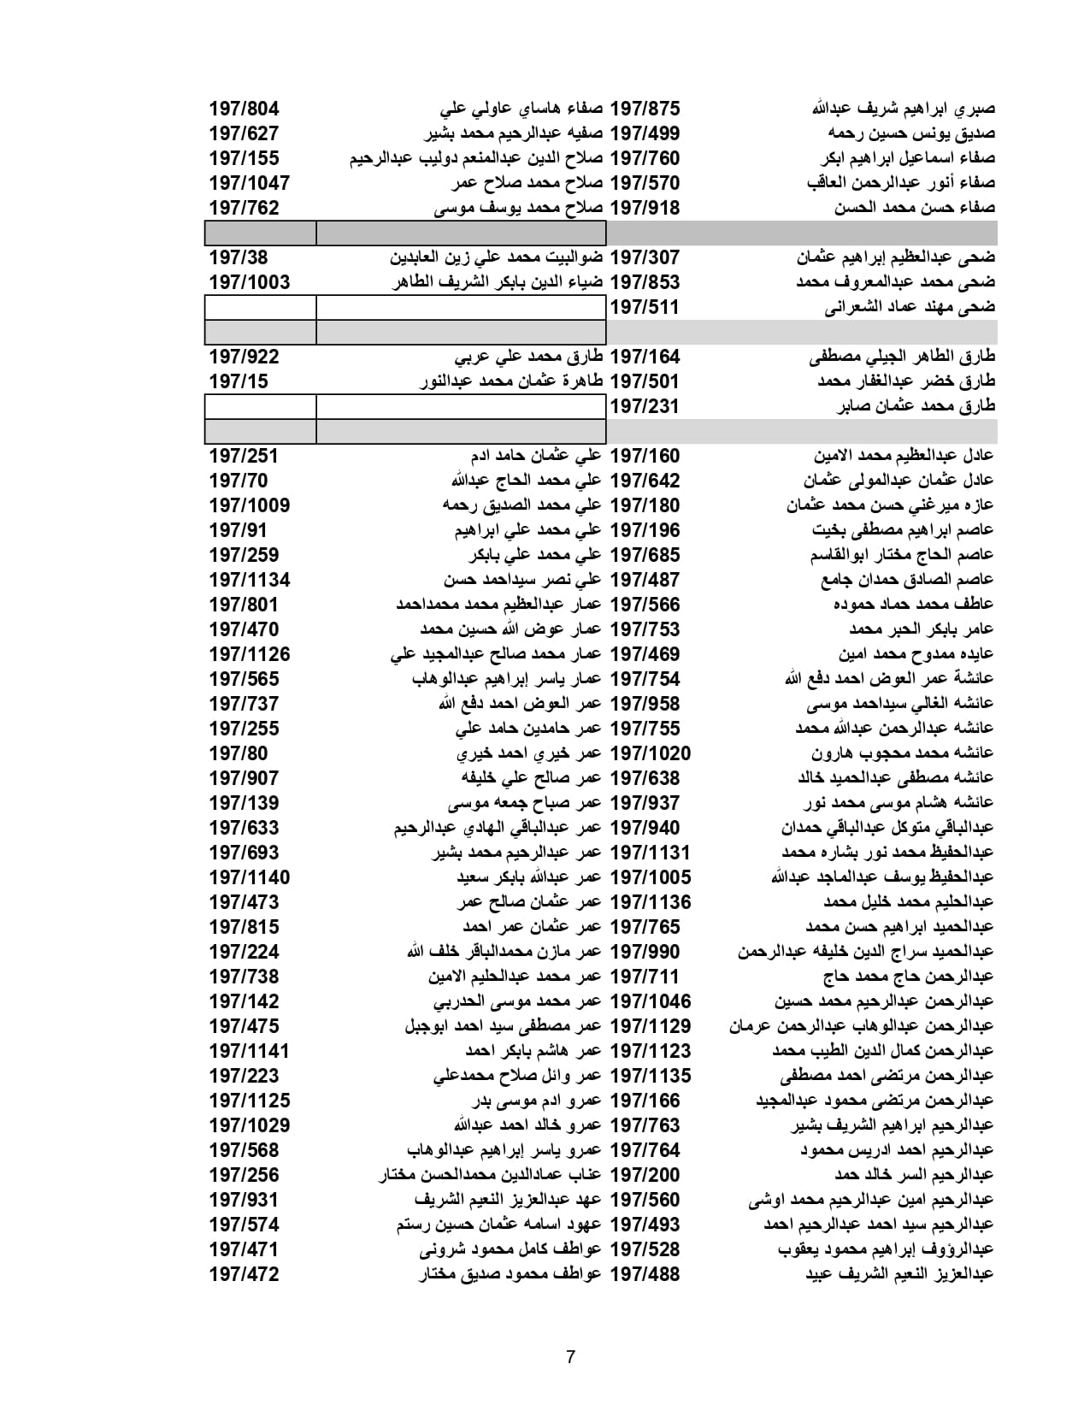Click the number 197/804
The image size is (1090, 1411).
tap(244, 109)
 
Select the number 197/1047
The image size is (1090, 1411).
tap(249, 183)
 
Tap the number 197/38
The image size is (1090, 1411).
tap(239, 257)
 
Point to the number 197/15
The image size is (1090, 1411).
tap(239, 381)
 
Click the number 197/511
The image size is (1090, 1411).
tap(644, 307)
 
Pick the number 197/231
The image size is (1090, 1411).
tap(644, 406)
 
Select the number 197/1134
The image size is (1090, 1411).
tap(249, 580)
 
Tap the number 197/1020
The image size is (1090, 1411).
tap(650, 753)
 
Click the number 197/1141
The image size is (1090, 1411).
tap(249, 1051)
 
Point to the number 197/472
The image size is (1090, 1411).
tap(244, 1274)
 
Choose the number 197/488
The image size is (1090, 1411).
tap(645, 1274)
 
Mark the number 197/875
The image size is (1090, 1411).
tap(645, 109)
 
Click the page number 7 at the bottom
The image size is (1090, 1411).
tap(570, 1357)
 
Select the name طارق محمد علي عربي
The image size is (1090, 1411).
tap(528, 357)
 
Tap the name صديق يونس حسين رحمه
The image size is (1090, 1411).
tap(910, 133)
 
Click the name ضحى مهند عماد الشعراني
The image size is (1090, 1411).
tap(909, 307)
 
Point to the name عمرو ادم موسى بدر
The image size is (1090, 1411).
tap(537, 1101)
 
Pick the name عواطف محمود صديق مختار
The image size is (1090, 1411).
tap(510, 1274)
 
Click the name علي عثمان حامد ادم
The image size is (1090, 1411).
tap(536, 456)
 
